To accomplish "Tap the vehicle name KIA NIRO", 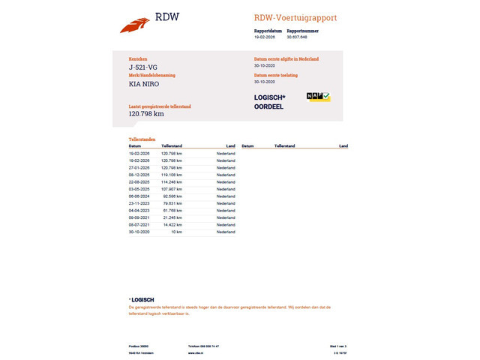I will click(x=144, y=84).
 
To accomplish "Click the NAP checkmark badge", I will click(x=319, y=97).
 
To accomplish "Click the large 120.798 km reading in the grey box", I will click(x=146, y=114).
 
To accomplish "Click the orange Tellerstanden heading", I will click(x=142, y=139).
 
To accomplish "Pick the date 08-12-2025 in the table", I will click(x=139, y=175).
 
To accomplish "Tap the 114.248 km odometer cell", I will click(x=172, y=182).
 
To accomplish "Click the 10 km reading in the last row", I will click(x=176, y=232).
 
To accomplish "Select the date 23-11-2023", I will click(x=139, y=203).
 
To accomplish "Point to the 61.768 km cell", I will click(x=172, y=211).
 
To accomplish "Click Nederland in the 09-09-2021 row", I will click(x=226, y=217).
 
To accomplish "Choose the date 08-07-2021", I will click(x=139, y=225).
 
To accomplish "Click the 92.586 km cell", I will click(x=172, y=196).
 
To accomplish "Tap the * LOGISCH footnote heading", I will click(x=142, y=300).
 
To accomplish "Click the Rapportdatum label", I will click(x=267, y=31).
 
